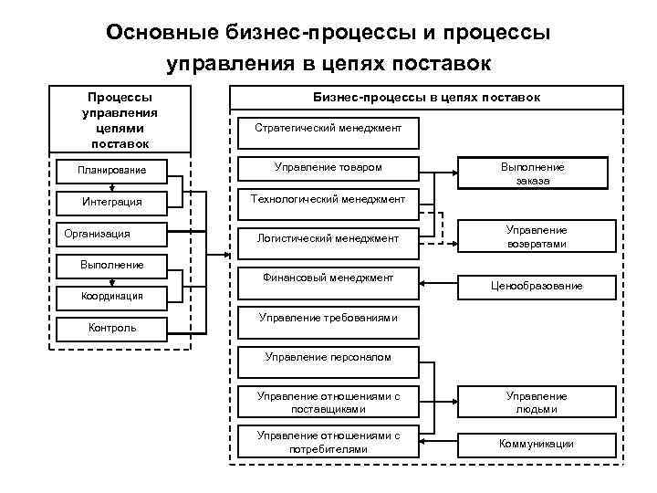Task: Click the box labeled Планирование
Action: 110,170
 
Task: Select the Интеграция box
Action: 110,201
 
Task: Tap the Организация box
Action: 110,234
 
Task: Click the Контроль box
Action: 110,327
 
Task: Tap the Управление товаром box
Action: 328,168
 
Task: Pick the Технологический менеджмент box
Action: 328,199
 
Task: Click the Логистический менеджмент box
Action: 328,237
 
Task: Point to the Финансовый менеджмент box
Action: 328,278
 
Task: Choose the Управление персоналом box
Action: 328,357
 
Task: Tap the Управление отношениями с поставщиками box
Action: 328,403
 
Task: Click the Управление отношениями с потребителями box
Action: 328,442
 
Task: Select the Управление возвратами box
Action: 537,237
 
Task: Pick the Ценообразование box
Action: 537,286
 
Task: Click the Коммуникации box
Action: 537,444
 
